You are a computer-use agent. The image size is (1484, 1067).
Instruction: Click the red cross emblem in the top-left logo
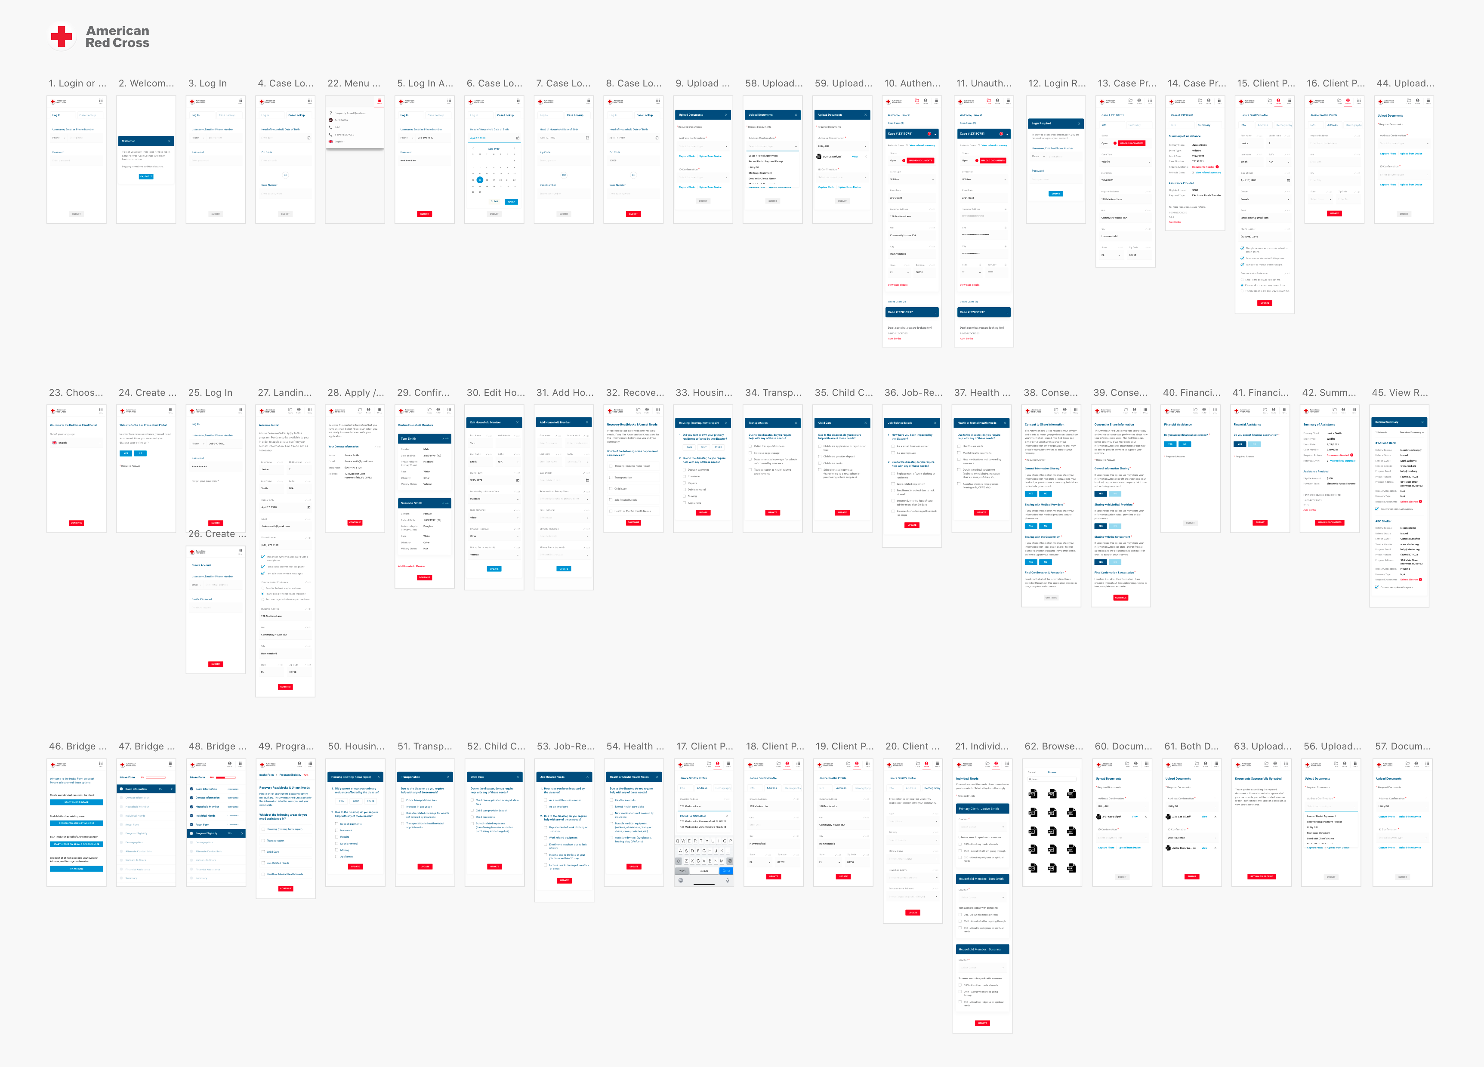click(x=62, y=36)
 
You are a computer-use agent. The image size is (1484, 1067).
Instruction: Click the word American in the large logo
click(x=118, y=31)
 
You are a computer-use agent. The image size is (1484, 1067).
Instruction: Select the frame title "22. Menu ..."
click(x=353, y=83)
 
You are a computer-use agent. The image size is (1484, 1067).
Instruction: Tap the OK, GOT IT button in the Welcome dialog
click(x=146, y=176)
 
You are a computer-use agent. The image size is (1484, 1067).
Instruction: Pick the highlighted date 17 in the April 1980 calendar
click(x=480, y=180)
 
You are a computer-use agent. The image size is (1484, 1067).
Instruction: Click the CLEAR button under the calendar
click(x=494, y=201)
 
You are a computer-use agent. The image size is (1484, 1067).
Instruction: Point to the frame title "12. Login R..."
click(x=1056, y=83)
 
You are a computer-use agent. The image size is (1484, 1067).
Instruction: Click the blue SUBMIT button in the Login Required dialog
click(x=1055, y=194)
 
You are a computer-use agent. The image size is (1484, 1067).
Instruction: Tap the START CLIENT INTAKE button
click(x=77, y=802)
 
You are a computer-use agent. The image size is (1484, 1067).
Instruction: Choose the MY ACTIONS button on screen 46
click(x=77, y=869)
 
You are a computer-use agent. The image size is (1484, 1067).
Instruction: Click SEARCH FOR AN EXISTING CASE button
click(x=77, y=823)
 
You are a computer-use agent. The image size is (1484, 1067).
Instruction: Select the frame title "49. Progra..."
click(x=285, y=746)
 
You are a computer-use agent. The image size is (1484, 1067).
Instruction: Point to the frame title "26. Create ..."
click(x=216, y=534)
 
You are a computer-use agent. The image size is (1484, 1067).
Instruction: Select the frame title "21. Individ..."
click(x=981, y=746)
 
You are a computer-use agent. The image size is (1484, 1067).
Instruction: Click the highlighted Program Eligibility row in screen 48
click(x=216, y=833)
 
